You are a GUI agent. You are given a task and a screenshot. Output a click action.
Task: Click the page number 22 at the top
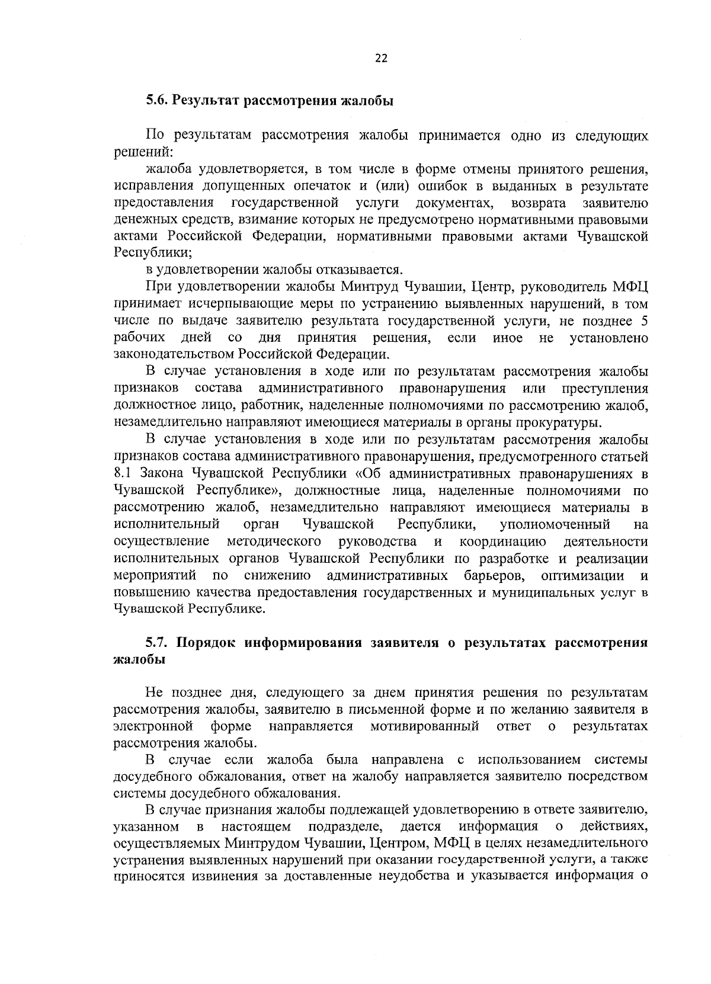pyautogui.click(x=381, y=58)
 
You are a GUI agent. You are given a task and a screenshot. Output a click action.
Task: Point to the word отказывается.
pyautogui.click(x=366, y=270)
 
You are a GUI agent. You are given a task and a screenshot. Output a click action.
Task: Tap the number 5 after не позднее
pyautogui.click(x=644, y=321)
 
